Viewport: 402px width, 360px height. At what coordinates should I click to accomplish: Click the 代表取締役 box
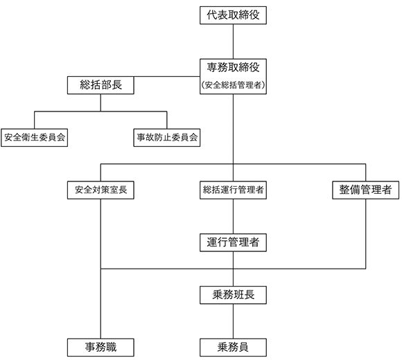point(233,15)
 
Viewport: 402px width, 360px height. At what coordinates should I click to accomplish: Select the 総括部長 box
point(101,85)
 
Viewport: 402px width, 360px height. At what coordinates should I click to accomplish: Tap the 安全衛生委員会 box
point(35,138)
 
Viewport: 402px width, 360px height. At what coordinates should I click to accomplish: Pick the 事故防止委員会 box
point(167,138)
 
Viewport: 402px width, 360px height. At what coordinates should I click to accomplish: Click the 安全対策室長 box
point(101,190)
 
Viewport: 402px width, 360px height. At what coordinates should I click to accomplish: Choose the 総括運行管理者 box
point(233,190)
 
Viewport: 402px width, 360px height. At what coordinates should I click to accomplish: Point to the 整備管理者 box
point(365,190)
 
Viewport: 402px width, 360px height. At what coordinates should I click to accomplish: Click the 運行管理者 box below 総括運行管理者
point(233,242)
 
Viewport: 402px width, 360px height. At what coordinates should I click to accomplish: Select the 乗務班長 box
point(233,295)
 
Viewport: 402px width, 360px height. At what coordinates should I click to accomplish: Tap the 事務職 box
point(101,348)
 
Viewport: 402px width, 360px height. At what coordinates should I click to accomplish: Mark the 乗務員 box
point(233,348)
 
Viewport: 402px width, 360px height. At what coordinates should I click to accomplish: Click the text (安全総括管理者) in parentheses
point(233,85)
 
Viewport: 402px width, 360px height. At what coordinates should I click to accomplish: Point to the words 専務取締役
point(233,67)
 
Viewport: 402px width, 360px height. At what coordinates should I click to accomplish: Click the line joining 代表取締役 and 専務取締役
point(233,42)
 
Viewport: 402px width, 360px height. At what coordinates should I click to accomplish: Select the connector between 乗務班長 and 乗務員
point(233,321)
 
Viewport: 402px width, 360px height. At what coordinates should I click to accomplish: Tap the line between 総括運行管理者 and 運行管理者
point(233,217)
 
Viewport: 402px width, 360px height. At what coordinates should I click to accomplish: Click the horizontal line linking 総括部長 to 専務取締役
point(167,76)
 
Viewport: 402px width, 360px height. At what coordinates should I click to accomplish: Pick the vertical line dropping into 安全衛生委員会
point(35,120)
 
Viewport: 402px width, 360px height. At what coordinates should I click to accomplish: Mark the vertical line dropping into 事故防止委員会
point(167,120)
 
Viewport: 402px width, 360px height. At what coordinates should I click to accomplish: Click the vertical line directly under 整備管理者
point(365,234)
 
